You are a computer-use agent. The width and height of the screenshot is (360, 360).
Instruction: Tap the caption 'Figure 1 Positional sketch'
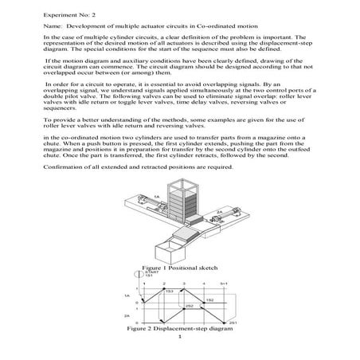pyautogui.click(x=179, y=268)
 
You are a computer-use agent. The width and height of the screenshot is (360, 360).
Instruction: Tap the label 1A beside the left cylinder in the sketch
pyautogui.click(x=156, y=197)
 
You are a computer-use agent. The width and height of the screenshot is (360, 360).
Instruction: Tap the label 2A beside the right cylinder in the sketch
pyautogui.click(x=218, y=212)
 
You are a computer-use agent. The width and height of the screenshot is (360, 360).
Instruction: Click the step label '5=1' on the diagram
pyautogui.click(x=225, y=282)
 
